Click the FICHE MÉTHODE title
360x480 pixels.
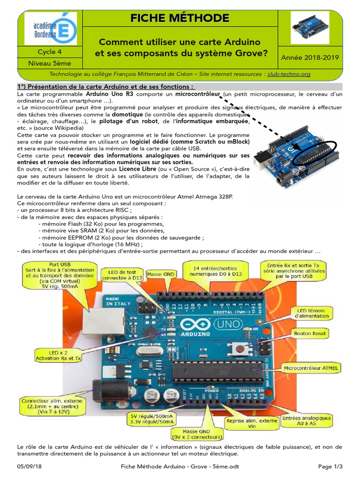pos(180,19)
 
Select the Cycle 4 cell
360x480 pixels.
pos(50,52)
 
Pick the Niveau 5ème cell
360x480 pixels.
pos(50,63)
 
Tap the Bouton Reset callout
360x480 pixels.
pos(309,334)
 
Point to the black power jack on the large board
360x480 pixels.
pos(104,388)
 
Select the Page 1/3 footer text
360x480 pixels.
pos(330,466)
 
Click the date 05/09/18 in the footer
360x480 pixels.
pos(29,466)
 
